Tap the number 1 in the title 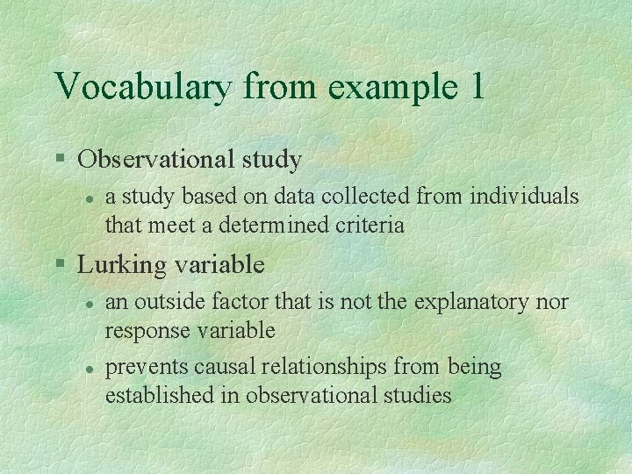475,87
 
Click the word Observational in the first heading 153,160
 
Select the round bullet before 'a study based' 89,197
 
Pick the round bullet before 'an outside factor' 89,303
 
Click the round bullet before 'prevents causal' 89,367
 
